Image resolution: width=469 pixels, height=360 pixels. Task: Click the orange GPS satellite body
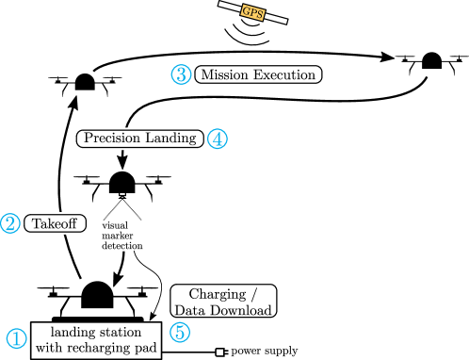[252, 12]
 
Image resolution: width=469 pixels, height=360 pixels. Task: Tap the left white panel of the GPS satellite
[230, 7]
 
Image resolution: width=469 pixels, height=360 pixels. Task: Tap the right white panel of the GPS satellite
[275, 17]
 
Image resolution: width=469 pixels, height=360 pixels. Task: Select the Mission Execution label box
[258, 74]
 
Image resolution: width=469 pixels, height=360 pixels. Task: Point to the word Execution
[284, 74]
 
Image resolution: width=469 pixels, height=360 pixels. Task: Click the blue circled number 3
[181, 74]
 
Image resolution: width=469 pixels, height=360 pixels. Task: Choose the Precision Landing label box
[139, 139]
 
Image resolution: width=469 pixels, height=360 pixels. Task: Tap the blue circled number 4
[218, 139]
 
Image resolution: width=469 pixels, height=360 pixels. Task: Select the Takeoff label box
[55, 223]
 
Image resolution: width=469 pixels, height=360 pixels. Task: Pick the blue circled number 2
[9, 223]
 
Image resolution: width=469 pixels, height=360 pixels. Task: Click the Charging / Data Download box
[223, 301]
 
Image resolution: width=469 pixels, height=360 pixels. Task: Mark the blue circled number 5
[179, 332]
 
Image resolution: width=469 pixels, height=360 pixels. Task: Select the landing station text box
[95, 340]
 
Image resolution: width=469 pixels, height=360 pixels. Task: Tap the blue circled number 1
[16, 338]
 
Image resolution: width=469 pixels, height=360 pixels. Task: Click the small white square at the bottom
[219, 352]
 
